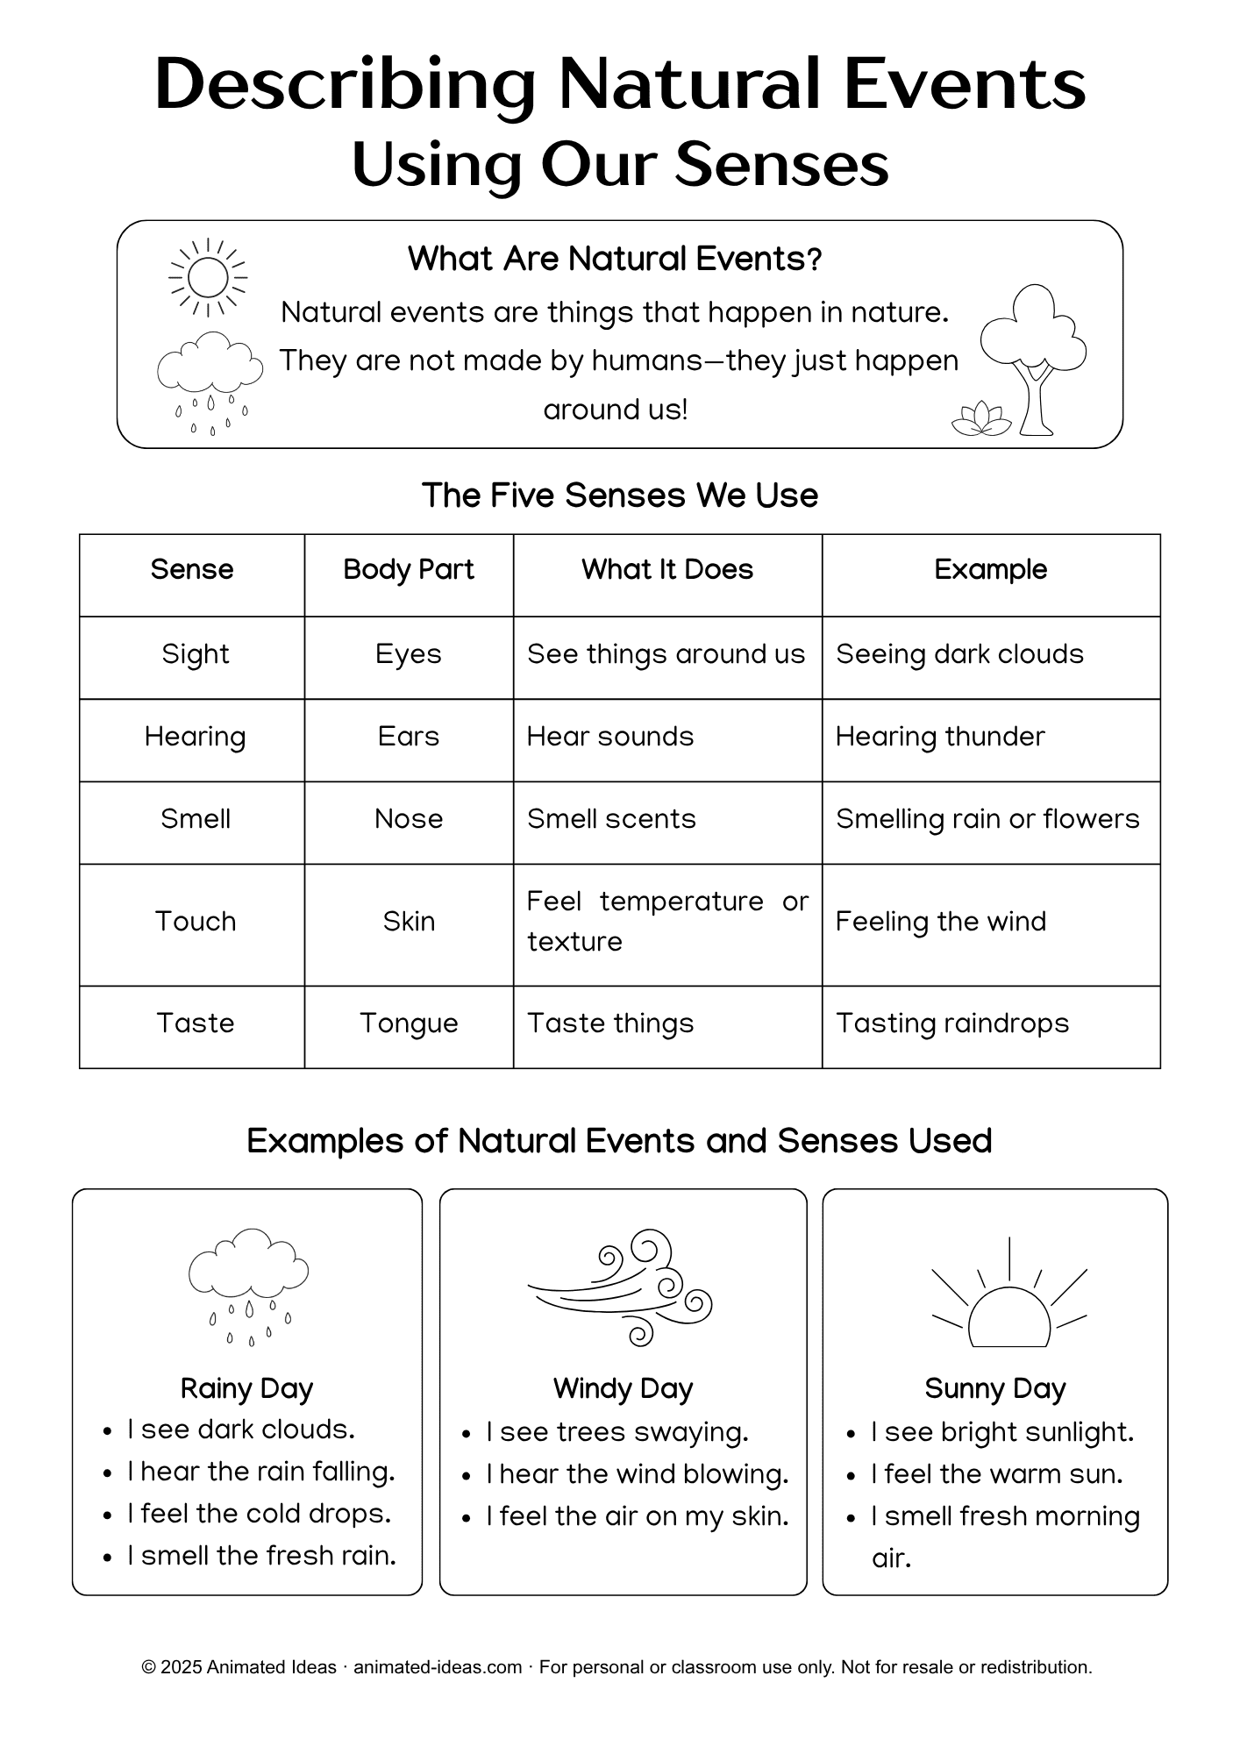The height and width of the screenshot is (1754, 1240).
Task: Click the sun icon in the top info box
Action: (208, 277)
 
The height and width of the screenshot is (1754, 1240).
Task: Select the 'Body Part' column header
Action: (409, 570)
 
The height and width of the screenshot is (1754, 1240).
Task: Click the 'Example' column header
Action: (990, 570)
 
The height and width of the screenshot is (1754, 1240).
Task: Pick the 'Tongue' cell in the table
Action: (409, 1023)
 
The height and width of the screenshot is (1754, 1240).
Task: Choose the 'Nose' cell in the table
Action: (409, 819)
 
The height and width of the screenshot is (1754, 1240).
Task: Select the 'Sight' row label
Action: (195, 654)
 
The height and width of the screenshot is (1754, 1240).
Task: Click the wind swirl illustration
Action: (622, 1287)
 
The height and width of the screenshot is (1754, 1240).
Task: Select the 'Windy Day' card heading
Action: (623, 1388)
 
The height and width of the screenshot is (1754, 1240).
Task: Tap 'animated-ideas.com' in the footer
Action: (438, 1667)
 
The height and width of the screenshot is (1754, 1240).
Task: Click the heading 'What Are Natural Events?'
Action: (615, 259)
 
